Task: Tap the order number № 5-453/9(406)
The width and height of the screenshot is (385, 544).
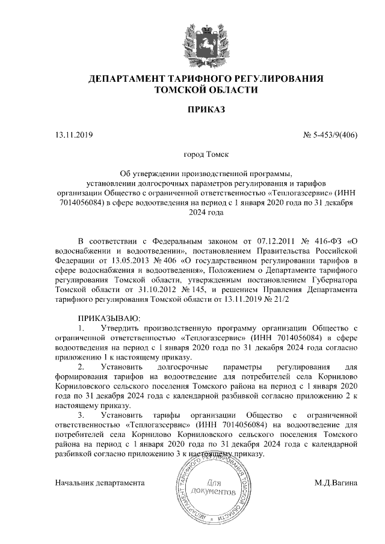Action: pos(330,135)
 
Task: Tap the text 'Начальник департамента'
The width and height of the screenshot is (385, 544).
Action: pos(100,482)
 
